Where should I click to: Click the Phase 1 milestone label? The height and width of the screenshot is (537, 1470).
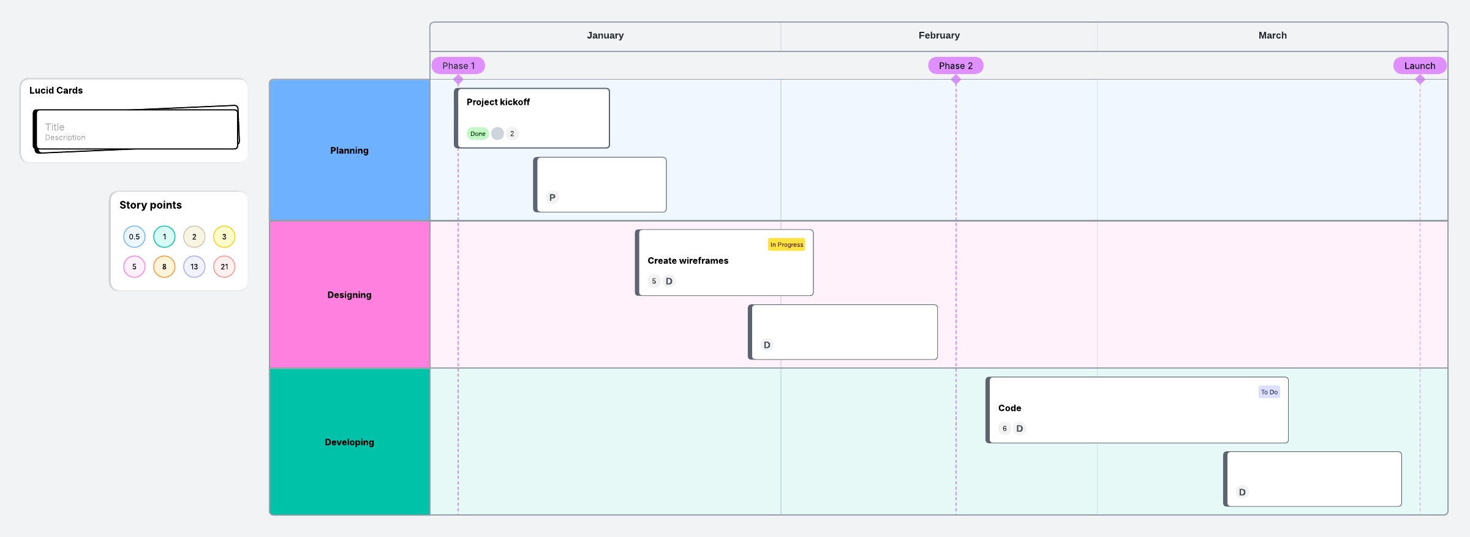point(458,66)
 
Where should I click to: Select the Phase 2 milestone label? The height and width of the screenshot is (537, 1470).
point(956,66)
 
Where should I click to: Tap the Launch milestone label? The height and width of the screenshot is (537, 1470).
point(1420,66)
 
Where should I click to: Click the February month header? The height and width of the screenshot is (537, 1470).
point(939,36)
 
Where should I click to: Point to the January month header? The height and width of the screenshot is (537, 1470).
point(605,36)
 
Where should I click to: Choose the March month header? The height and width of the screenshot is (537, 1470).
point(1273,36)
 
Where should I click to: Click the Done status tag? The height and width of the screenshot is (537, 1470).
point(478,133)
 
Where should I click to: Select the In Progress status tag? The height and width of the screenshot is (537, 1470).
point(786,244)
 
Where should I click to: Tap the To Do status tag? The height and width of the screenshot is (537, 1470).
point(1269,392)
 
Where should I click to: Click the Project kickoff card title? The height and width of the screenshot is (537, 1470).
point(498,102)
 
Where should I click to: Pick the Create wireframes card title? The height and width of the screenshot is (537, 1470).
point(688,261)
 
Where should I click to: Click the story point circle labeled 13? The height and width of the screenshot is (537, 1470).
point(194,266)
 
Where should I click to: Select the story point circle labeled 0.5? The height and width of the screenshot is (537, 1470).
point(134,236)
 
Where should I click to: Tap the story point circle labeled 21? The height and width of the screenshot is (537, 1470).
point(224,266)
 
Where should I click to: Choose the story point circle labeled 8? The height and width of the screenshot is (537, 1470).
point(164,266)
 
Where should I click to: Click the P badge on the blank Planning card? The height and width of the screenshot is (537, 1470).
point(552,197)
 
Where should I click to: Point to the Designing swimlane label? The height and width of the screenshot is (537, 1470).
point(349,295)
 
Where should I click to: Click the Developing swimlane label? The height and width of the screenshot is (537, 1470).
point(349,442)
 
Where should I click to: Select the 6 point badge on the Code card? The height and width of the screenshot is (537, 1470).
point(1005,429)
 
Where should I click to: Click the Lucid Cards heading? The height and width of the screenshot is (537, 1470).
point(56,91)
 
